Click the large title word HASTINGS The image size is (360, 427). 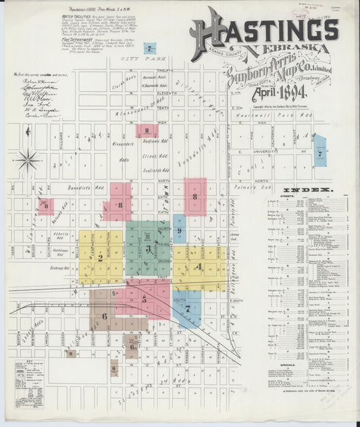tap(265, 31)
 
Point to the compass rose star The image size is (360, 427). tap(28, 161)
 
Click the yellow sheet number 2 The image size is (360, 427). tap(100, 257)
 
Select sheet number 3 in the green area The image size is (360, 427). tap(147, 249)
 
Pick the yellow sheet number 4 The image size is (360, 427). tap(197, 266)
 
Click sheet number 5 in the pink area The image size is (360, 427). tap(144, 297)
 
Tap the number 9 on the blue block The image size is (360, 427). tap(179, 231)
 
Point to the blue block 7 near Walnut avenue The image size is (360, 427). tap(319, 153)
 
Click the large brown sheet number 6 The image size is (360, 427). tap(104, 316)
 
